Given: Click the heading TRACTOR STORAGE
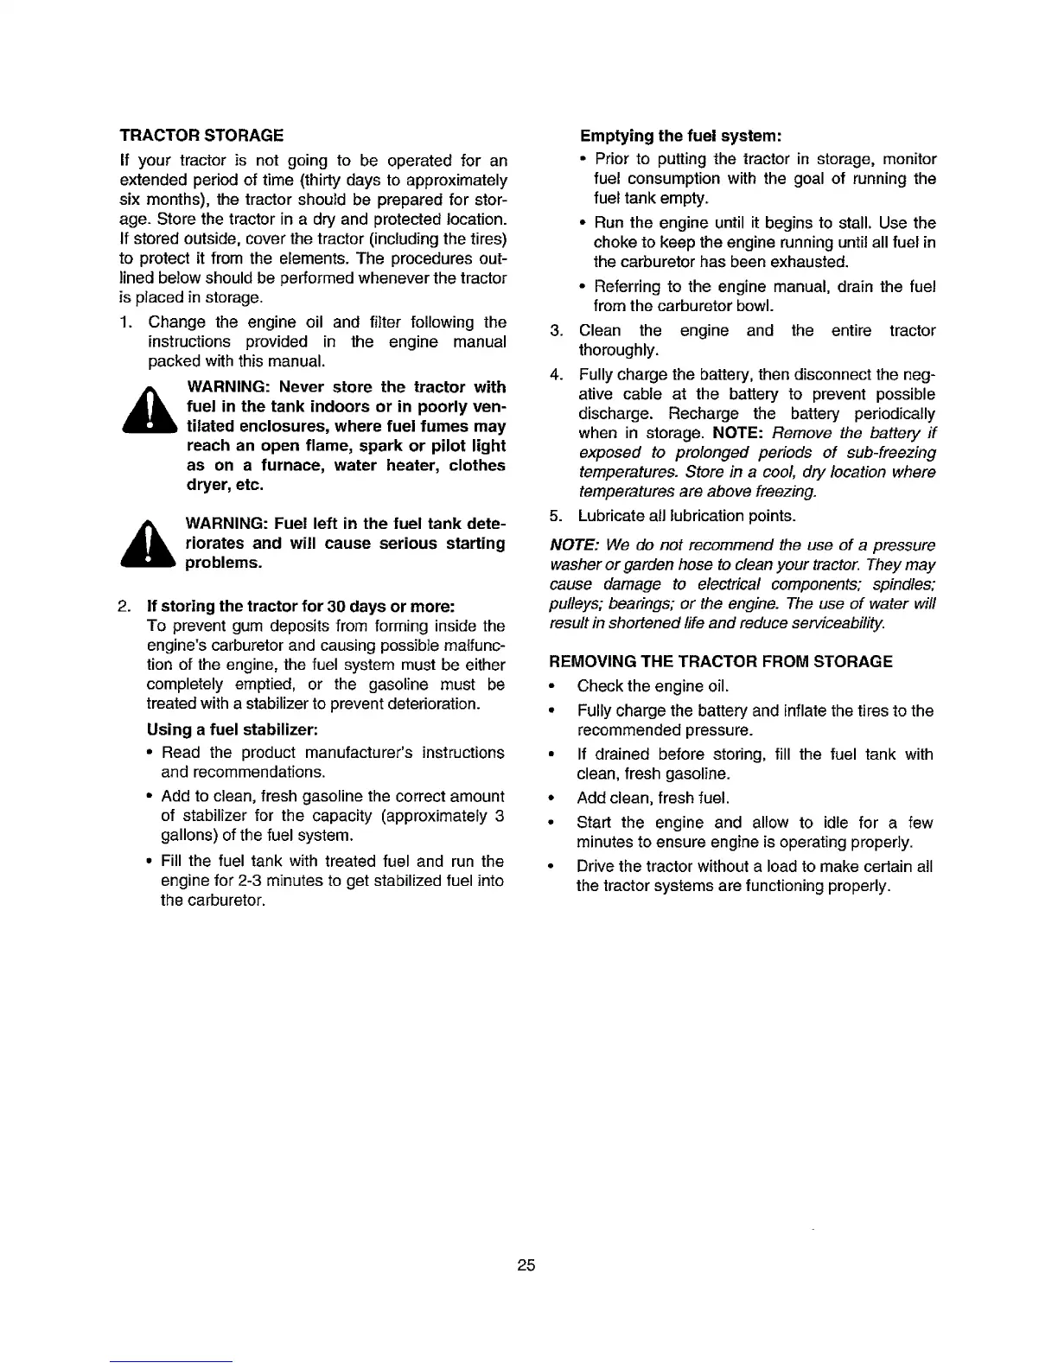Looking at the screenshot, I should click(x=201, y=136).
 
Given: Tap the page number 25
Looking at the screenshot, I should click(x=526, y=1266).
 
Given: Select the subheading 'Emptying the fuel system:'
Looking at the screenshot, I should click(x=680, y=136).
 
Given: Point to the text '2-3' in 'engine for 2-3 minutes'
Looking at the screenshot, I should click(x=251, y=881).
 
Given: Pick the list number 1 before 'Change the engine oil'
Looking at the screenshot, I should click(x=124, y=322).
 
